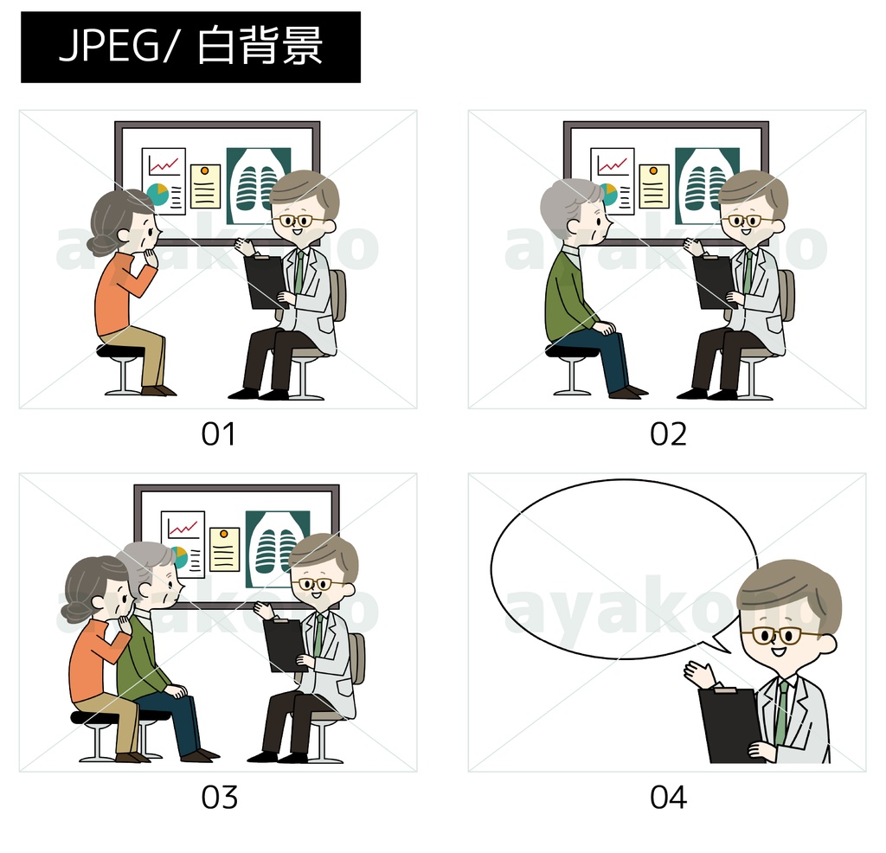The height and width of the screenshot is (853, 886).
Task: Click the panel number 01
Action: tap(218, 434)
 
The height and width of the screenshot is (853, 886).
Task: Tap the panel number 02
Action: tap(668, 434)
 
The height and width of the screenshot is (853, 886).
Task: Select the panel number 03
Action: tap(219, 798)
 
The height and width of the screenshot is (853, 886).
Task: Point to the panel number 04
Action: tap(668, 798)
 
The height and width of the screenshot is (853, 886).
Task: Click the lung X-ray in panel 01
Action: tap(258, 186)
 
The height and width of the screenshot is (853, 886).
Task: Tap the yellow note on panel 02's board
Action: tap(654, 186)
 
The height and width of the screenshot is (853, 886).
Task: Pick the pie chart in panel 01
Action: tap(157, 195)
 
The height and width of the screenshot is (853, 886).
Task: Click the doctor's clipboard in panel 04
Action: tap(729, 725)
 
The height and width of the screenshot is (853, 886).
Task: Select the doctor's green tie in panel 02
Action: tap(748, 273)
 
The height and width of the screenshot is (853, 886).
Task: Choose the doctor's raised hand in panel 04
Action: tap(698, 673)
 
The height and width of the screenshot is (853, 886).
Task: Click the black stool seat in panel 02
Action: tap(571, 351)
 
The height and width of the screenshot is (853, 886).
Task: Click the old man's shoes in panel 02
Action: tap(628, 391)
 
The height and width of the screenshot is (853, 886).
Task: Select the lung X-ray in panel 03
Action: tap(278, 549)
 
